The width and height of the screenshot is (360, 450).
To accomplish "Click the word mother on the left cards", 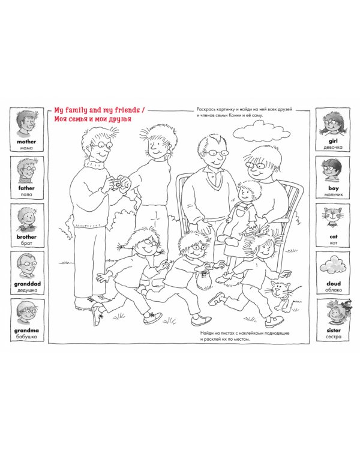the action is (26, 142).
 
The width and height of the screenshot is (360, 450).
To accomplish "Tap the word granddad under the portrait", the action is (27, 284).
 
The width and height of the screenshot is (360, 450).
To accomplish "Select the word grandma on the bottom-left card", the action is (26, 331).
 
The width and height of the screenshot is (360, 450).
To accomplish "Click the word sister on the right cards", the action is (334, 331).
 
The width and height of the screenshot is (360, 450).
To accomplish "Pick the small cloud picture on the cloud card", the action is (333, 265).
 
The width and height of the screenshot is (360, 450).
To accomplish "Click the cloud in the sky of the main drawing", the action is (261, 131).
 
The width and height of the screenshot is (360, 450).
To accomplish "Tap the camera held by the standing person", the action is (118, 184).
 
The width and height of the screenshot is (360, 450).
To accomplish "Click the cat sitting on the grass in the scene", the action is (283, 296).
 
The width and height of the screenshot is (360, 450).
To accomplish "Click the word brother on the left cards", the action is (26, 237).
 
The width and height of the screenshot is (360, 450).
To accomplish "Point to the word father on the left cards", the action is (26, 188).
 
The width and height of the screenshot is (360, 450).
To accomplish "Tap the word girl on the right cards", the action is (333, 141).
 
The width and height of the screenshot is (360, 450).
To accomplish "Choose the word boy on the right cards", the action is (334, 188).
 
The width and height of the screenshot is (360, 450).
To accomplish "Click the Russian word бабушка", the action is (26, 337).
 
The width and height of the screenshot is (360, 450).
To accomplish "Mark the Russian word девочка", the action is (333, 148).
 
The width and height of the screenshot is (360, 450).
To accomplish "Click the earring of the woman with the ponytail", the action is (169, 151).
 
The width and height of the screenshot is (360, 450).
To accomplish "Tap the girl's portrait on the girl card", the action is (333, 124).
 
